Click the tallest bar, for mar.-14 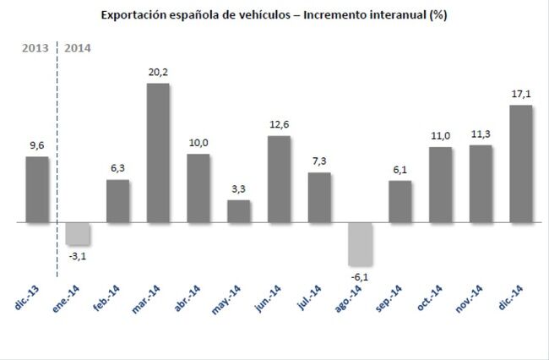tap(158, 153)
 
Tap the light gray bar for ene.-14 tap(78, 234)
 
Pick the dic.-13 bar tap(37, 190)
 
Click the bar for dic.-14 tap(521, 164)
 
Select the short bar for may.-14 tap(239, 211)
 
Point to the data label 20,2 tap(158, 73)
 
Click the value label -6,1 tap(360, 275)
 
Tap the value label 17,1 tap(521, 95)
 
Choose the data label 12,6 tap(279, 125)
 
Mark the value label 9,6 tap(37, 145)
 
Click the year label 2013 tap(34, 47)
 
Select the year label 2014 tap(79, 47)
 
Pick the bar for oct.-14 tap(441, 185)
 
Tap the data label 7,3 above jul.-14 tap(319, 162)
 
